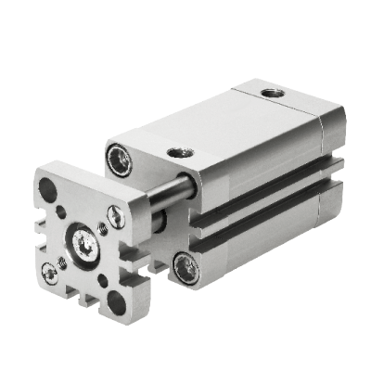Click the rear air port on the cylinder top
[x=271, y=93]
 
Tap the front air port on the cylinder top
[x=176, y=152]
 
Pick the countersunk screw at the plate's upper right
[x=114, y=216]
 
